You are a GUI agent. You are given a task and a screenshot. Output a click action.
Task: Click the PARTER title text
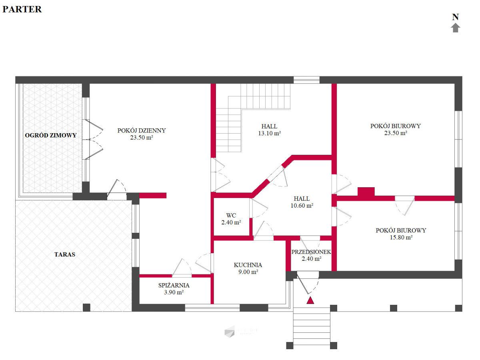(x=22, y=9)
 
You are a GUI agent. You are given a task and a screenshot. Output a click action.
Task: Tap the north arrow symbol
(x=456, y=28)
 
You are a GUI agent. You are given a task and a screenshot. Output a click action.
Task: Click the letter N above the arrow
(x=456, y=17)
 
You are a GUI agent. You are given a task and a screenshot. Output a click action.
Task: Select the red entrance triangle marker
(x=310, y=300)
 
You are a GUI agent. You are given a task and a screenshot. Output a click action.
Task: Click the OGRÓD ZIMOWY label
(x=51, y=135)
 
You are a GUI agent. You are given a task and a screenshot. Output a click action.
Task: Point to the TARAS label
(x=65, y=254)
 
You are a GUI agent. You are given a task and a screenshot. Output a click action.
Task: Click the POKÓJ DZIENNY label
(x=142, y=130)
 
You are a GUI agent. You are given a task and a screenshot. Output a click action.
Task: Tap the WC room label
(x=231, y=215)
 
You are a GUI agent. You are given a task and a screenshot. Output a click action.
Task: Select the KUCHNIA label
(x=248, y=265)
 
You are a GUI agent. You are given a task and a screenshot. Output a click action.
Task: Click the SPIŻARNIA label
(x=174, y=285)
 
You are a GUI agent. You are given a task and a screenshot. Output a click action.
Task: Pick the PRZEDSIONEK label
(x=311, y=252)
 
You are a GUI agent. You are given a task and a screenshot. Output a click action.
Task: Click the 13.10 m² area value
(x=270, y=133)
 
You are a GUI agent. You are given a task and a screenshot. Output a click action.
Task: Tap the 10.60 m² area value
(x=302, y=206)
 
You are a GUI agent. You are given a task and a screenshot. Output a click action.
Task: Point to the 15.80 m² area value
(x=401, y=237)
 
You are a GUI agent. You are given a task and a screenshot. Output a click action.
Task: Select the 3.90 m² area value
(x=174, y=292)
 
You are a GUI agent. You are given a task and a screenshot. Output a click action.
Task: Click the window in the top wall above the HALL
(x=306, y=80)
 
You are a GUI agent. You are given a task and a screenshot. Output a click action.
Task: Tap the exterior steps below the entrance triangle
(x=311, y=324)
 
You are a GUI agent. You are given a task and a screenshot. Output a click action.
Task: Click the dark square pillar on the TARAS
(x=86, y=308)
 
